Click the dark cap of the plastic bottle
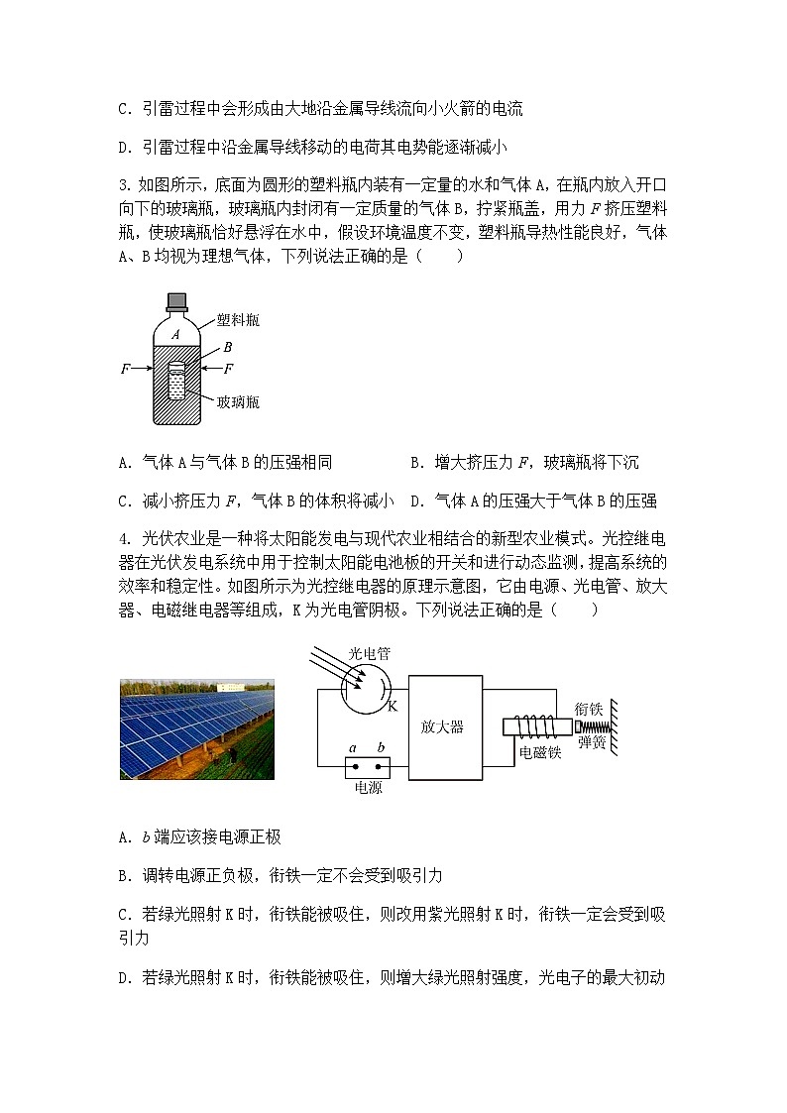tap(177, 300)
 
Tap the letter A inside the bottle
tap(175, 335)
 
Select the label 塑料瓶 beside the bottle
tap(238, 322)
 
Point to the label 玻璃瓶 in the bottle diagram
tap(239, 401)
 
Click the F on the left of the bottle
tap(125, 369)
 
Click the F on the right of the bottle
tap(228, 369)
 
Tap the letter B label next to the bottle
tap(228, 347)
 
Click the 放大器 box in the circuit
tap(442, 726)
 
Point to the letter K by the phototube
tap(391, 707)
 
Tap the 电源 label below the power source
tap(368, 788)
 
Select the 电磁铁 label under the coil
tap(540, 753)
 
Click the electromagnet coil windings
tap(538, 727)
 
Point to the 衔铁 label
tap(589, 709)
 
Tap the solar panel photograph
tap(196, 728)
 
